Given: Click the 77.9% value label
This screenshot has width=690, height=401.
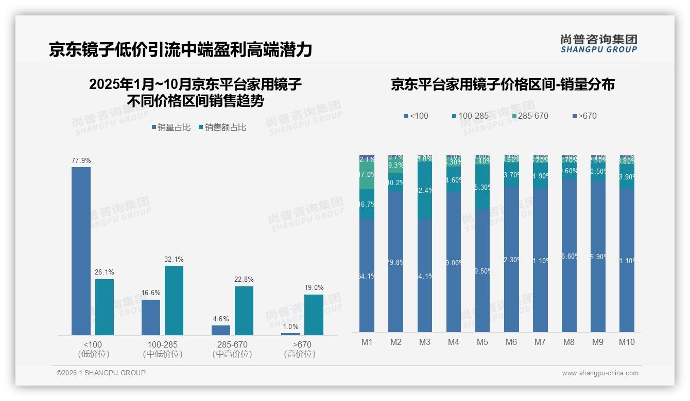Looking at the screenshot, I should coord(81,161).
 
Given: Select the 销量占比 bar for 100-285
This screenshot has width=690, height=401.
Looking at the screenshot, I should coord(151,317).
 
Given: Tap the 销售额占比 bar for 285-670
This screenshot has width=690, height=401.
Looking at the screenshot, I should coord(244,311).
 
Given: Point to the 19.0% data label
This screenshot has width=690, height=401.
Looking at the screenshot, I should coord(314,288).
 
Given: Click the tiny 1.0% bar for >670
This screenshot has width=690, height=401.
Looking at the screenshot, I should coord(290,334).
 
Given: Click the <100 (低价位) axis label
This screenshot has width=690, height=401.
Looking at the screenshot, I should coord(93,349).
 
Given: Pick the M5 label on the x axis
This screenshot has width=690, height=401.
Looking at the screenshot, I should coord(482,342).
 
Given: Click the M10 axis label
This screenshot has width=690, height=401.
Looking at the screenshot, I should coord(627,342).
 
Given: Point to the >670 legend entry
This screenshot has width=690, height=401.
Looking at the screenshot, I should coord(584,116).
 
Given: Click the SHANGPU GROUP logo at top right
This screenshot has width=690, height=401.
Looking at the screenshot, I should coord(598,44).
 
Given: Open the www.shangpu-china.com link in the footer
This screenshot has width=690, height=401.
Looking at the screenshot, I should coord(600,373).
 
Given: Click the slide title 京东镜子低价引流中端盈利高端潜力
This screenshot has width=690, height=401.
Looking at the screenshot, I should coord(181,50).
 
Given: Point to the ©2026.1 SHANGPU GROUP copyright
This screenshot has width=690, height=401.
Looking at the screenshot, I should coord(101,373).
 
